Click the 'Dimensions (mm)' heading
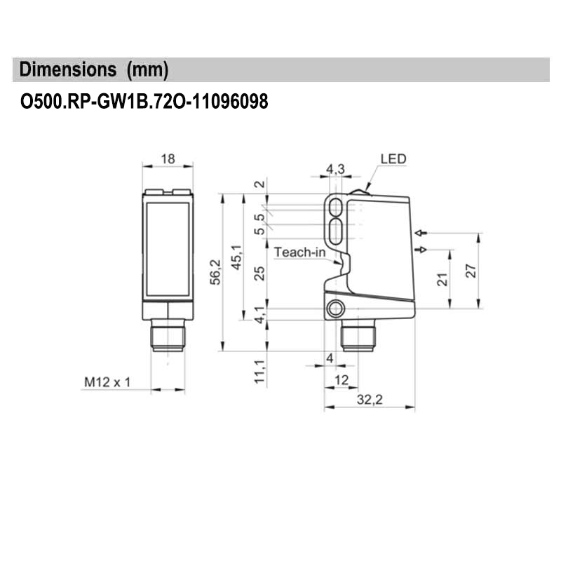94,70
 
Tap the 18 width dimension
168,159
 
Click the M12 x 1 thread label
108,382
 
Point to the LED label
393,159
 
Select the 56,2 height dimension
216,272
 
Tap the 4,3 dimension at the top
336,168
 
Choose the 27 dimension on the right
471,271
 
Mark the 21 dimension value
441,279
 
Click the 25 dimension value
259,273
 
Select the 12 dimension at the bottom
342,379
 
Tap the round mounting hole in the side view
337,309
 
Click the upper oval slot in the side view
337,207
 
